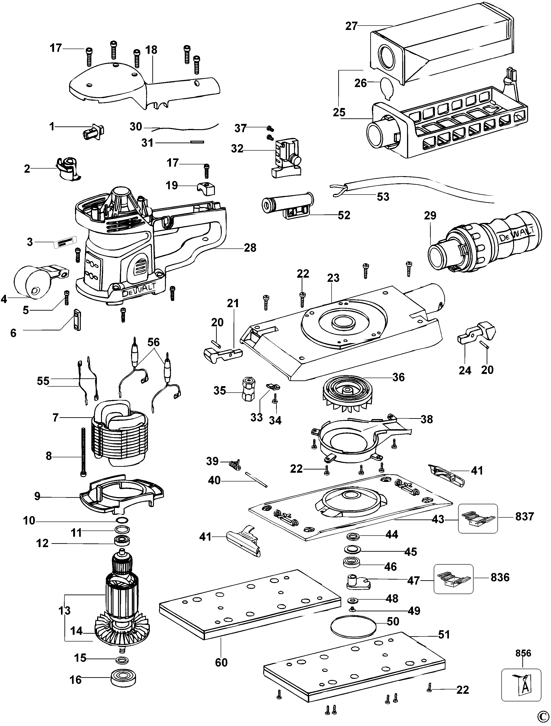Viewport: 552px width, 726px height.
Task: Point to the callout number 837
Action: (x=524, y=516)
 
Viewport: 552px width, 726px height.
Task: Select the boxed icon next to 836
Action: (x=454, y=579)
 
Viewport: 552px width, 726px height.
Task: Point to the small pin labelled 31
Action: (x=197, y=142)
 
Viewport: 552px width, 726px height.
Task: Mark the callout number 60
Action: (x=221, y=662)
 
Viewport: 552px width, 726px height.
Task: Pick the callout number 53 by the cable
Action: (x=383, y=197)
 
